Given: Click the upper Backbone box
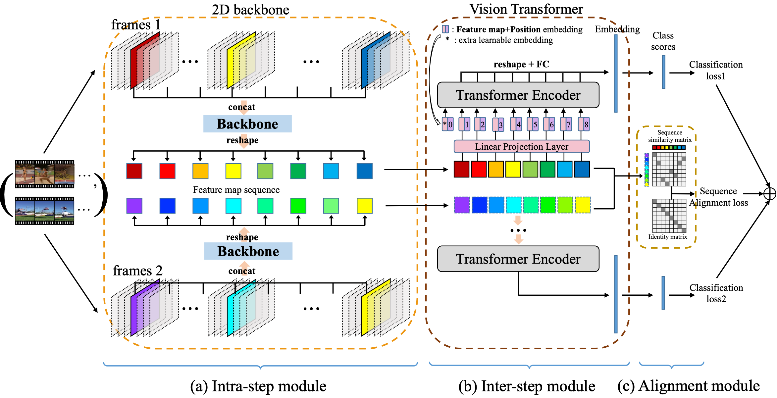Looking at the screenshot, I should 247,124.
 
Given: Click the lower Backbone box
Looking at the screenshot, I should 248,251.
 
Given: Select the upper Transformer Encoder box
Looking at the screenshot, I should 518,95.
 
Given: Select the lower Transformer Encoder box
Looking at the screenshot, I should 518,259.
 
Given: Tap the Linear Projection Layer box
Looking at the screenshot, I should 522,146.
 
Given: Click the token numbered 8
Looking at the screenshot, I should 584,124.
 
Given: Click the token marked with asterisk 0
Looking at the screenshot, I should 447,124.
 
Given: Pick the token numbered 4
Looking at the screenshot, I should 516,124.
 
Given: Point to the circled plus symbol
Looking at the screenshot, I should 770,194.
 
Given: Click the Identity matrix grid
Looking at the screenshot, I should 669,216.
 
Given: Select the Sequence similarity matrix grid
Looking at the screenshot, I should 669,169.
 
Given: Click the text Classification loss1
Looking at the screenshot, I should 716,70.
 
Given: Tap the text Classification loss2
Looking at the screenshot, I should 716,293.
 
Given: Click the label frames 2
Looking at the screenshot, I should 137,271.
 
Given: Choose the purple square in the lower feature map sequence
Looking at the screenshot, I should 134,206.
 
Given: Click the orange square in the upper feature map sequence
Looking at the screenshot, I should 200,171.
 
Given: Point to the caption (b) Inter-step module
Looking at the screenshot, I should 527,386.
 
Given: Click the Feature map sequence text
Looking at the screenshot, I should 236,190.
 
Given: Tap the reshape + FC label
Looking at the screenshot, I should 521,64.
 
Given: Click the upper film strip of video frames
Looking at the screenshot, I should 44,174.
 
